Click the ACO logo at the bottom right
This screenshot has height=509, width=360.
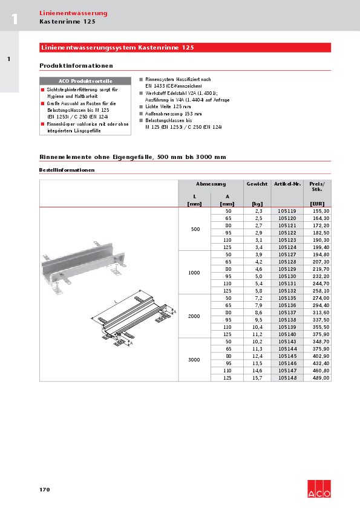[x=319, y=488]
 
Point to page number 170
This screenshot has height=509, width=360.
[x=44, y=489]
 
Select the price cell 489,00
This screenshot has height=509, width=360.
[x=319, y=378]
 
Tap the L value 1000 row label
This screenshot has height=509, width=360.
[x=194, y=273]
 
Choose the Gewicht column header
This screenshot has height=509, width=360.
[x=257, y=183]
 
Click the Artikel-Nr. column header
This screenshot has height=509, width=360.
[x=287, y=183]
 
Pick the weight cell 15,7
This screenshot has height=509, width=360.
[x=257, y=378]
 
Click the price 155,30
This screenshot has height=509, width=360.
[x=319, y=211]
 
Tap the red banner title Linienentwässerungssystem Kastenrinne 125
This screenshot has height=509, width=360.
[x=117, y=47]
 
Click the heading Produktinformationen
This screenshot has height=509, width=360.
[x=76, y=65]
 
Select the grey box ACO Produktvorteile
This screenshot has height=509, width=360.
[x=85, y=80]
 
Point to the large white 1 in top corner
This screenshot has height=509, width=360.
[x=14, y=19]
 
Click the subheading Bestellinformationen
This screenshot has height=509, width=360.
[x=67, y=170]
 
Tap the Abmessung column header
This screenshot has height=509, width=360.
[x=211, y=183]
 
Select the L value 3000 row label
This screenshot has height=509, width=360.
[x=194, y=360]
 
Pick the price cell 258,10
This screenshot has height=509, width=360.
[x=319, y=291]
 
